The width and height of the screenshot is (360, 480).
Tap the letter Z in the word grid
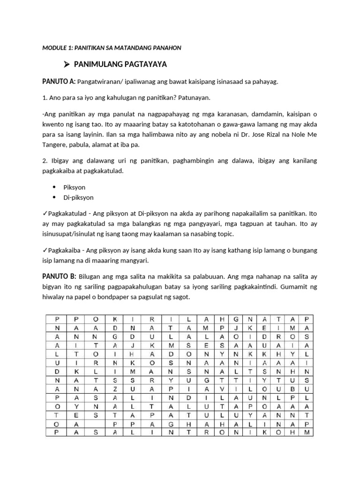coord(114,389)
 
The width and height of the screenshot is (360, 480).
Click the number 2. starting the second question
coord(45,161)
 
